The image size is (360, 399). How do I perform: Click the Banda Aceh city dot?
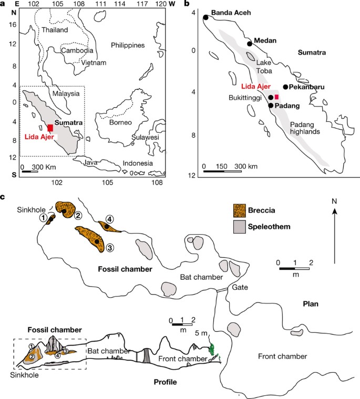[205, 17]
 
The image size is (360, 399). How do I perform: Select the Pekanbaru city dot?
[285, 87]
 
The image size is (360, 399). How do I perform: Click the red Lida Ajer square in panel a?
[50, 128]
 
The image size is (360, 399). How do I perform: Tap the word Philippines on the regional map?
[128, 46]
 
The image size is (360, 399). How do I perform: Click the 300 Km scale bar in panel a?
[29, 171]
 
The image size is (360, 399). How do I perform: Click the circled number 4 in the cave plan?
[109, 219]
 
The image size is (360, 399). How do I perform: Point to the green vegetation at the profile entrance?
[213, 350]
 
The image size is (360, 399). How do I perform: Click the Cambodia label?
[78, 51]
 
